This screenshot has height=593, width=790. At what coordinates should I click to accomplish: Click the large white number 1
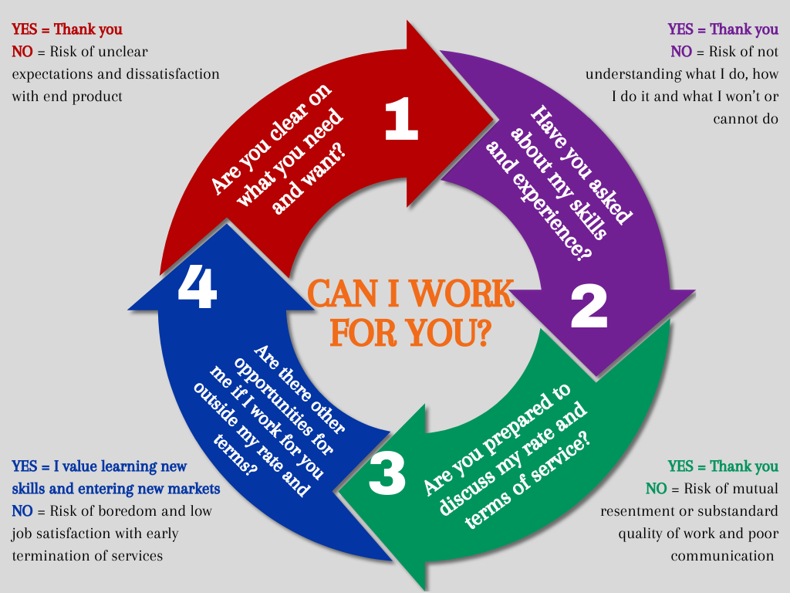click(x=401, y=120)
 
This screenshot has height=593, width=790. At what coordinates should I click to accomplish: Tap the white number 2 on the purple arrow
click(x=589, y=307)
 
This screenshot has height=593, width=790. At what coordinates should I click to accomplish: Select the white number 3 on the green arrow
click(x=387, y=474)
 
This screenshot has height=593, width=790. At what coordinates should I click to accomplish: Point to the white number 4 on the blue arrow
click(x=197, y=287)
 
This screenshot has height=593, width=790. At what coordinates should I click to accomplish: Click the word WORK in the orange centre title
click(x=462, y=293)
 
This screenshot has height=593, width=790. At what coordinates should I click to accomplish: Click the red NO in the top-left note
click(x=22, y=52)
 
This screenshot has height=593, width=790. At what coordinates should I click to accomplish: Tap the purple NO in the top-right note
click(x=681, y=52)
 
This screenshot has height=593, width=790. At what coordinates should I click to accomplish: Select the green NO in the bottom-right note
click(x=657, y=489)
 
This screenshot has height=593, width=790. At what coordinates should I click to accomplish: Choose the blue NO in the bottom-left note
click(x=22, y=511)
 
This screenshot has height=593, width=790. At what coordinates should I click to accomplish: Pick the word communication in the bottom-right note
click(x=722, y=556)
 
